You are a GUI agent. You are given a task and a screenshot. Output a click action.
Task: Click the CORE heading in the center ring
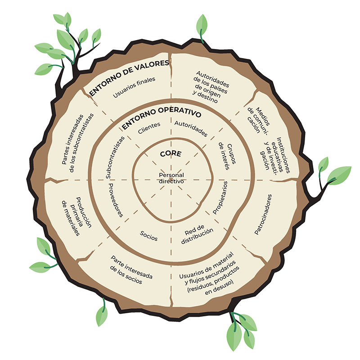click(171, 154)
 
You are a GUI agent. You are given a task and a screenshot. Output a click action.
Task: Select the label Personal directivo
click(171, 178)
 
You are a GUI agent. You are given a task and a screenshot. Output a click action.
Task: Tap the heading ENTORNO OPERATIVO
click(162, 116)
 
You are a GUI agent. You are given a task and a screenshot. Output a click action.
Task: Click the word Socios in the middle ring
click(148, 235)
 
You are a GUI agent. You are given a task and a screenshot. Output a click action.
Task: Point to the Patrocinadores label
click(263, 214)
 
